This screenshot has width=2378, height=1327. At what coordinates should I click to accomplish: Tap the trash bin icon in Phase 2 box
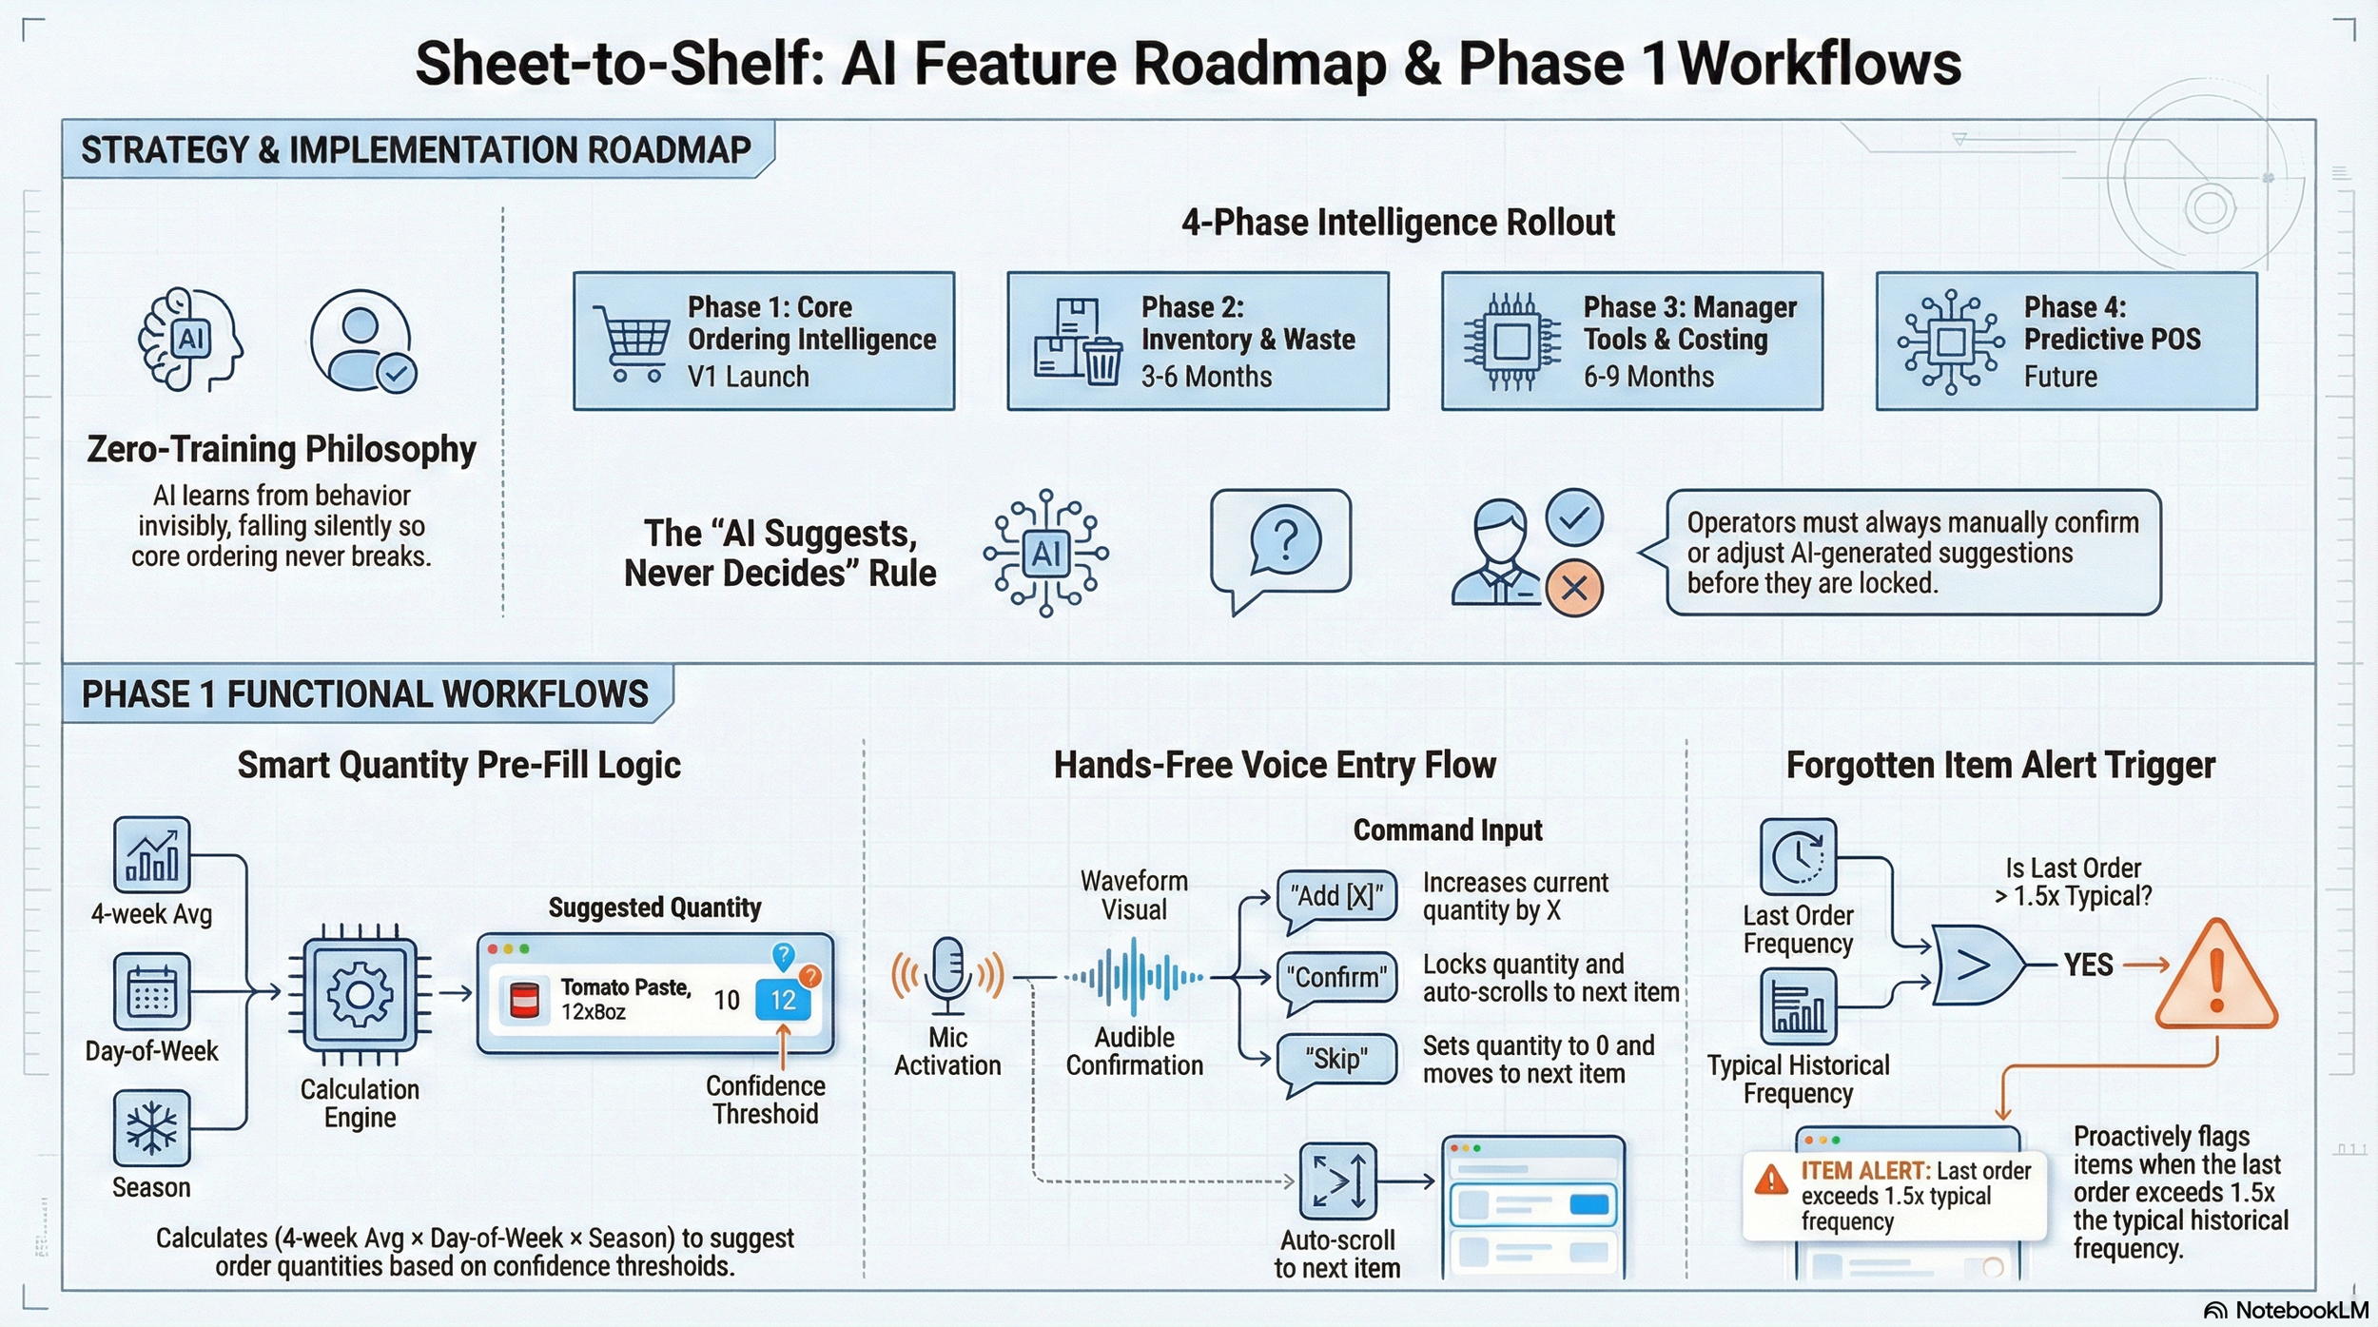[x=1102, y=361]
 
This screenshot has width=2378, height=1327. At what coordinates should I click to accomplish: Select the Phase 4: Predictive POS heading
[x=2112, y=323]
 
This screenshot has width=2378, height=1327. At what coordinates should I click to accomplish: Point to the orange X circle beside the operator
[x=1574, y=588]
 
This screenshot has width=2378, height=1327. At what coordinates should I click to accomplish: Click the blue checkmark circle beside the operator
[x=1574, y=517]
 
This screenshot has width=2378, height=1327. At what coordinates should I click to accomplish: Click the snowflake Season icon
[x=151, y=1128]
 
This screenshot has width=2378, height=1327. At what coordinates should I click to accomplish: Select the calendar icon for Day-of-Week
[x=151, y=991]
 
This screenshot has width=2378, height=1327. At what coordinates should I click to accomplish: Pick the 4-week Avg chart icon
[x=151, y=854]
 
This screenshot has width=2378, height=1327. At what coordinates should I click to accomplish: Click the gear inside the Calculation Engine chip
[x=360, y=995]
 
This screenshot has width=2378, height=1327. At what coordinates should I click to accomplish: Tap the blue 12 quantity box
[x=783, y=1000]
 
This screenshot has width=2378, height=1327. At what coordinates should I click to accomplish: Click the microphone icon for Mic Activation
[x=948, y=976]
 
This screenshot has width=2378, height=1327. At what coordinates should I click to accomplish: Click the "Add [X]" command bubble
[x=1336, y=898]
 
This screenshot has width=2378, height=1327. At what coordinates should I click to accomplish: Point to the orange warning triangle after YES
[x=2216, y=975]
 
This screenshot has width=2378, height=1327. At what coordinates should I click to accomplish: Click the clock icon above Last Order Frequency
[x=1798, y=856]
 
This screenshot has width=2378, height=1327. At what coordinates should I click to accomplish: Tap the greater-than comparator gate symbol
[x=1978, y=965]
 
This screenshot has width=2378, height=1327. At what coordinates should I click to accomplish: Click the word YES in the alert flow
[x=2088, y=966]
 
